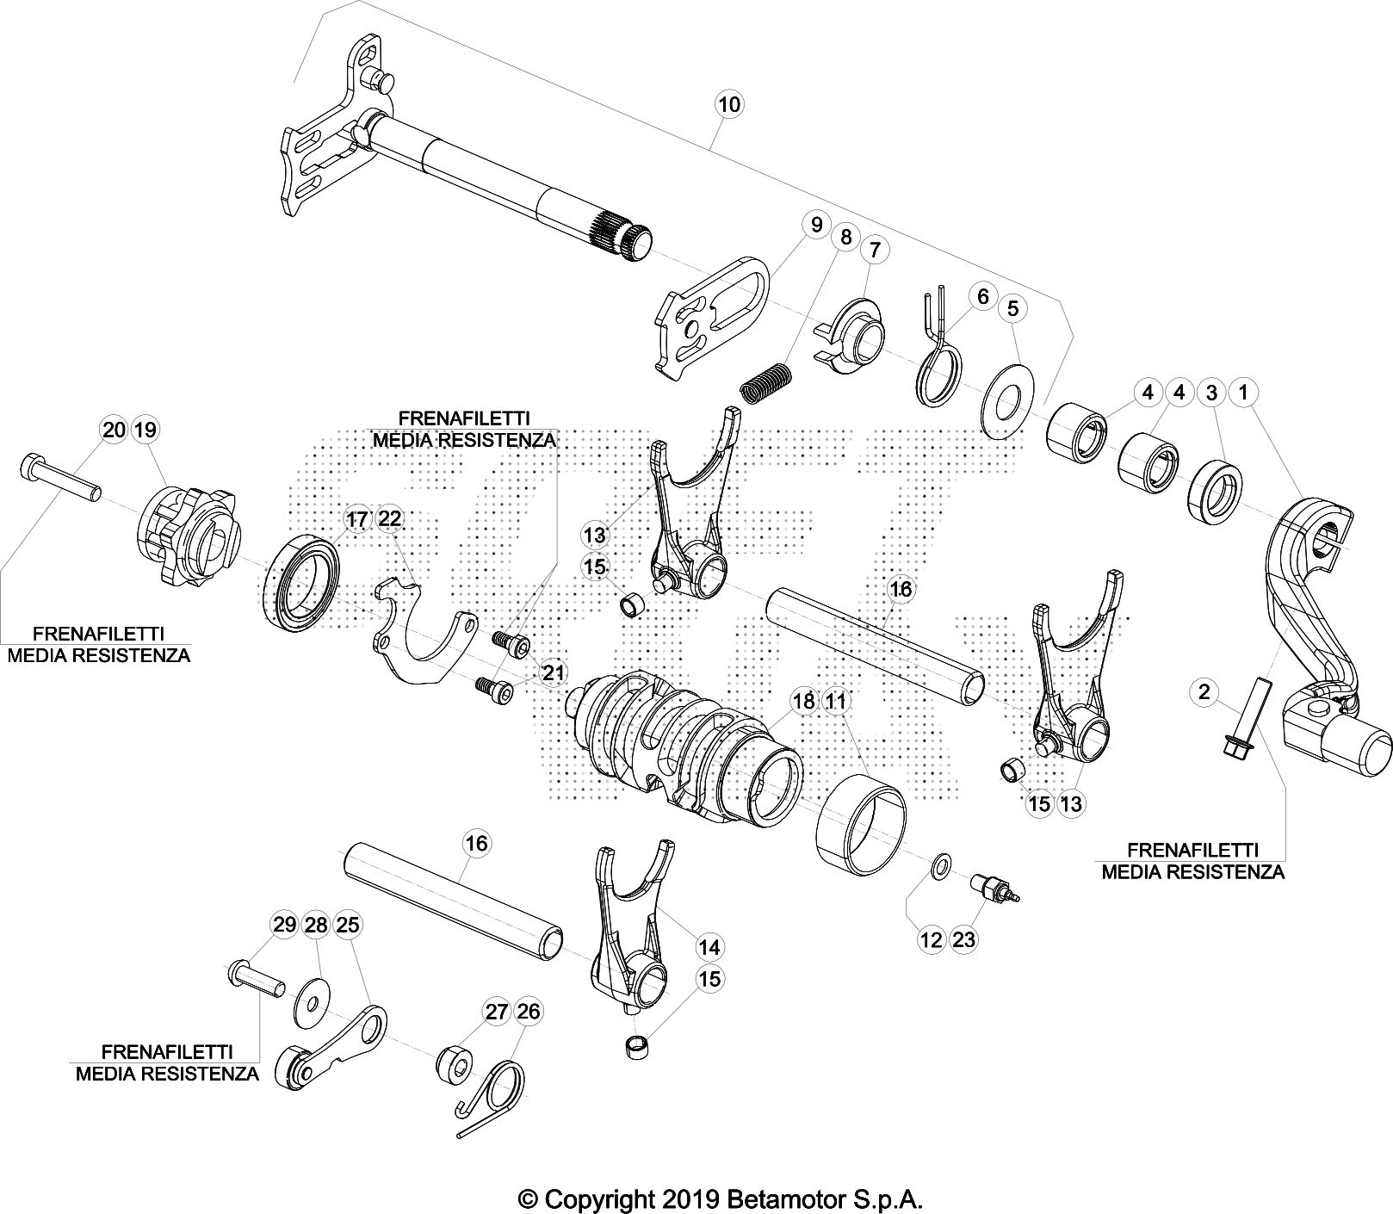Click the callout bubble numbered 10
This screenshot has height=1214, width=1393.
(x=728, y=105)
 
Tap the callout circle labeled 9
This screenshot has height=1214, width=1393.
(x=814, y=226)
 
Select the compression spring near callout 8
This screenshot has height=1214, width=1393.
(x=766, y=380)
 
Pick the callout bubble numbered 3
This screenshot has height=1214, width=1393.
(x=1211, y=393)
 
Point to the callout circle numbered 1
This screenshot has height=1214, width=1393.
(x=1243, y=393)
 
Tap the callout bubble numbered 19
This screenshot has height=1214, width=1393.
(x=145, y=429)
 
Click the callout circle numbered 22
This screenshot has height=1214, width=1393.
(x=389, y=518)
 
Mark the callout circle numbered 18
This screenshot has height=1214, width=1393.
(x=803, y=701)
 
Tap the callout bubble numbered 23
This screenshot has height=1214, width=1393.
(x=964, y=939)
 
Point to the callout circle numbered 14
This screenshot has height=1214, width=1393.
(x=709, y=947)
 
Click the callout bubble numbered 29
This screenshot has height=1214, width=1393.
(x=284, y=925)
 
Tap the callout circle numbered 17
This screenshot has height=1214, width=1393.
(x=356, y=519)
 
